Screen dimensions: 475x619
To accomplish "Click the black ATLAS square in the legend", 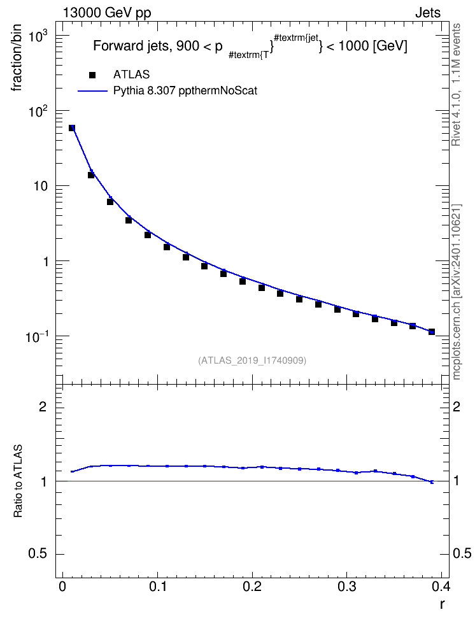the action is click(92, 75).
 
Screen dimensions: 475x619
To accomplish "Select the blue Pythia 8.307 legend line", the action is click(93, 91).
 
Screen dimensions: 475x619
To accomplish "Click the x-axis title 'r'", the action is click(443, 604).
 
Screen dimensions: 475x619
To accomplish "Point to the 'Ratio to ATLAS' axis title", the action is click(18, 481).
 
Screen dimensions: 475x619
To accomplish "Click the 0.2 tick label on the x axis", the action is click(252, 587).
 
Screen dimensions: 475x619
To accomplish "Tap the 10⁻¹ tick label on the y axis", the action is click(36, 336).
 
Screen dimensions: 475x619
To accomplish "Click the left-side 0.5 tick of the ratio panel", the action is click(38, 554).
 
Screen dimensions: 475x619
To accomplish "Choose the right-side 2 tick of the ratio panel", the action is click(457, 406).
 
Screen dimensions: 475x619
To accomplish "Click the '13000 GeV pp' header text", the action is click(107, 13).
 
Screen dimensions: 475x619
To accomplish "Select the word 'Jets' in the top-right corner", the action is click(428, 13).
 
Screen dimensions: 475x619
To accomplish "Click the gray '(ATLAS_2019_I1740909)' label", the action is click(252, 360).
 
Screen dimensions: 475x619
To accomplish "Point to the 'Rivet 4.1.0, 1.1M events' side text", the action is click(456, 85).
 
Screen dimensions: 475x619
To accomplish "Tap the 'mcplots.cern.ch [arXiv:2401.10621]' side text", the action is click(456, 292).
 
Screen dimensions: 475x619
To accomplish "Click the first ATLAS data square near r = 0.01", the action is click(72, 128).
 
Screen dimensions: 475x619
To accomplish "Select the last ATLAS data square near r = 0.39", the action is click(432, 332).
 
